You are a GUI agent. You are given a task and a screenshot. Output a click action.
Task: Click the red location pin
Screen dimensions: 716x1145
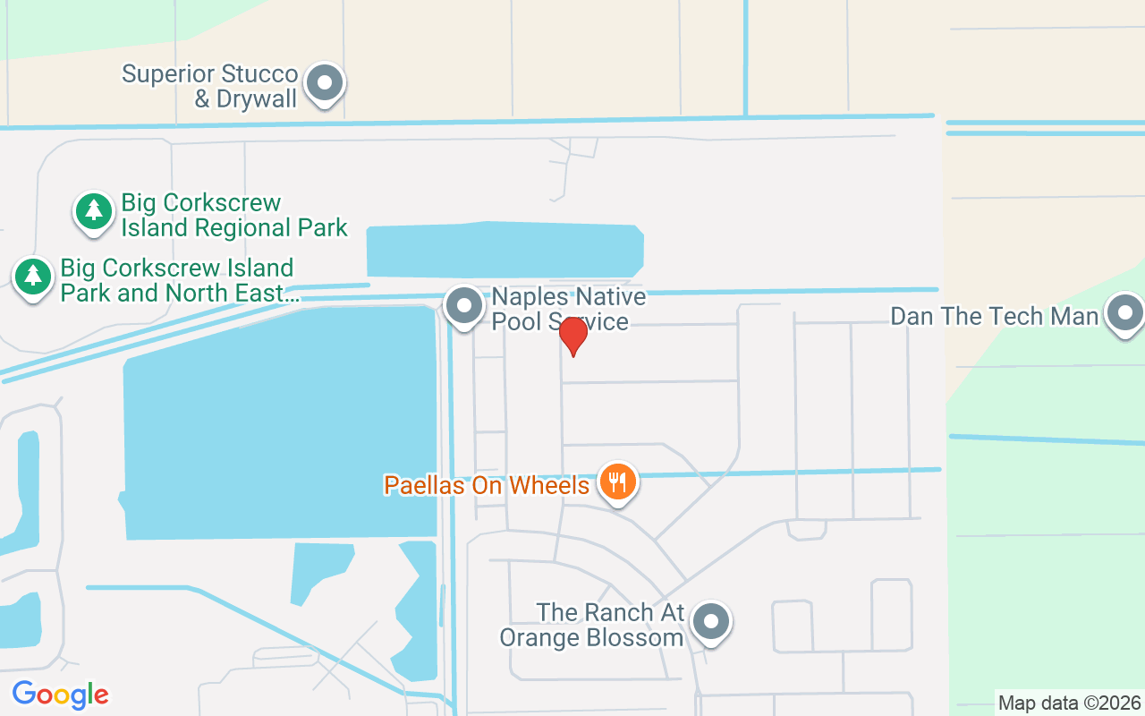(x=572, y=335)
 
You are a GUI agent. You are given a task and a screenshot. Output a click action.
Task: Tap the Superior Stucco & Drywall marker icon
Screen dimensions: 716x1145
(x=325, y=84)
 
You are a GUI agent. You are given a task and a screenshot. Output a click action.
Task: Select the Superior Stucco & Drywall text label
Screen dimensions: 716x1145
(x=209, y=86)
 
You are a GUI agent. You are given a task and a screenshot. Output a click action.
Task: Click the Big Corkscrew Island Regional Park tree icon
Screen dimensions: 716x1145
(x=94, y=212)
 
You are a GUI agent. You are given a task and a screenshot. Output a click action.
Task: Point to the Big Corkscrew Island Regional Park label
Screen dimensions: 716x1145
(x=233, y=216)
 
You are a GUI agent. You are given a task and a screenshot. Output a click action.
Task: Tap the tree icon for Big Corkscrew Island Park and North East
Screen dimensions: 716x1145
(x=33, y=276)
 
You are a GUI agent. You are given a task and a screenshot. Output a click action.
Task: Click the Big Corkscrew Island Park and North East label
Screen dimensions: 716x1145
(x=177, y=281)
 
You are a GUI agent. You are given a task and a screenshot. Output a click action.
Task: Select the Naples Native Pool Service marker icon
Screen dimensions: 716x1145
(x=463, y=306)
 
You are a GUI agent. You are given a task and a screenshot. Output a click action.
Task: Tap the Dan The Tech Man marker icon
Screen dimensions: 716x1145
(x=1124, y=314)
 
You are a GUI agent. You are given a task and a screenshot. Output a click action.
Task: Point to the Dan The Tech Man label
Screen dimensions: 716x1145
(x=994, y=316)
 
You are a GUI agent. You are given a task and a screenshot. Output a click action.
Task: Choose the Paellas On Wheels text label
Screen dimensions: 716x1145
(x=487, y=485)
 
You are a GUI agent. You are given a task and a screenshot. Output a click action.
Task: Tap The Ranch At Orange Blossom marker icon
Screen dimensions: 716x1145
(x=711, y=620)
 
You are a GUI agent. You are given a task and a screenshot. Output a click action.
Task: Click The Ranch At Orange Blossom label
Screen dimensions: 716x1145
(x=592, y=625)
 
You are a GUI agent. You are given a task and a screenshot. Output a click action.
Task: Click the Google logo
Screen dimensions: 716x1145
(x=60, y=694)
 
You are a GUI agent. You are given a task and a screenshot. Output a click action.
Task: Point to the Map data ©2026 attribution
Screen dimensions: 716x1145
(x=1070, y=703)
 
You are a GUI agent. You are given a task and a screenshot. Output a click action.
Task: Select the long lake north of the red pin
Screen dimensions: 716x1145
(x=505, y=250)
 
